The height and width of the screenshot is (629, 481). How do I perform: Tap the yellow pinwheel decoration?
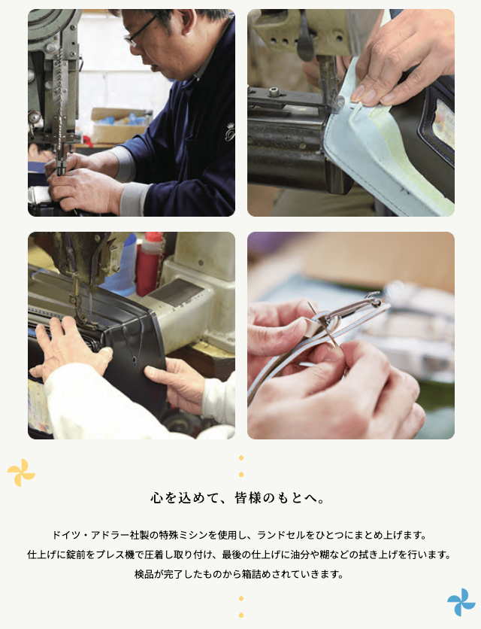pyautogui.click(x=21, y=473)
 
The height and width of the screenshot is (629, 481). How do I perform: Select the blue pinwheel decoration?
pyautogui.click(x=461, y=602)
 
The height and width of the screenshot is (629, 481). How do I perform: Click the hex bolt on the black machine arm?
pyautogui.click(x=274, y=92)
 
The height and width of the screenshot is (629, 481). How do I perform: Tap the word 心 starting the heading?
pyautogui.click(x=156, y=498)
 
